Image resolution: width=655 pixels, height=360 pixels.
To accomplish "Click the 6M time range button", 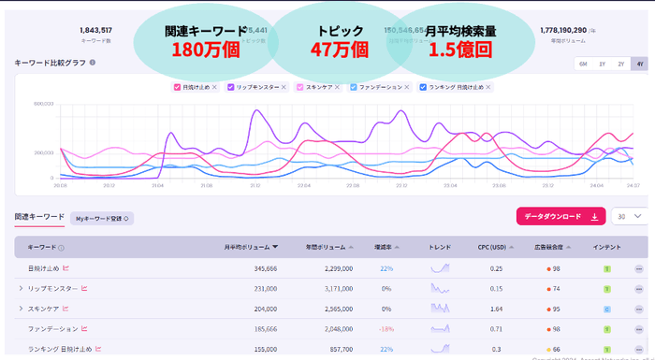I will tap(583, 64).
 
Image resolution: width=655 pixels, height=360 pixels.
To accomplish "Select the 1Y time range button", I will tap(603, 64).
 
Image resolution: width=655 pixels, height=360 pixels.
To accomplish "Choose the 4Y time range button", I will tap(640, 64).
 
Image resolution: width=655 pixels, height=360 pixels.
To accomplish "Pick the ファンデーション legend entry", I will tap(355, 87).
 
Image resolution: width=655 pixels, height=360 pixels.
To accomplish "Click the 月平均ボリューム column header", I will tap(250, 247).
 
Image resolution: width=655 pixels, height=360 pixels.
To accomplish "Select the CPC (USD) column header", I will tap(492, 247).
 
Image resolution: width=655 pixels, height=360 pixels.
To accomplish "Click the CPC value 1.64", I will tap(496, 309).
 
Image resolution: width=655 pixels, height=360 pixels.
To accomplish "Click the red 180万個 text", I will tap(206, 50).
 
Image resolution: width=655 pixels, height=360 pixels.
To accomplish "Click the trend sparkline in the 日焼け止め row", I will tap(440, 268).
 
